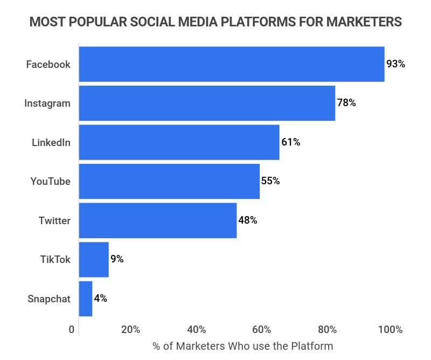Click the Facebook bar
pyautogui.click(x=232, y=64)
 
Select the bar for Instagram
pyautogui.click(x=207, y=103)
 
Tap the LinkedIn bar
pyautogui.click(x=179, y=142)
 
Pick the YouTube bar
pyautogui.click(x=169, y=181)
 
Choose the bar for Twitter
pyautogui.click(x=157, y=220)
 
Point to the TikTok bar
pyautogui.click(x=94, y=259)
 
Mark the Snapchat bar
pyautogui.click(x=86, y=299)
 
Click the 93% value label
pyautogui.click(x=395, y=64)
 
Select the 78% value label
pyautogui.click(x=346, y=103)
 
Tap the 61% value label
pyautogui.click(x=290, y=142)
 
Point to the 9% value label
pyautogui.click(x=117, y=259)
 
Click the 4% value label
pyautogui.click(x=101, y=299)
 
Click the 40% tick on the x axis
pyautogui.click(x=196, y=330)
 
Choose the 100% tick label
pyautogui.click(x=390, y=330)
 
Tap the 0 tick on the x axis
pyautogui.click(x=72, y=330)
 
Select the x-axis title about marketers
pyautogui.click(x=242, y=346)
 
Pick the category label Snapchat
pyautogui.click(x=49, y=299)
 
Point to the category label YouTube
pyautogui.click(x=50, y=181)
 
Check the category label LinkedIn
pyautogui.click(x=51, y=142)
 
